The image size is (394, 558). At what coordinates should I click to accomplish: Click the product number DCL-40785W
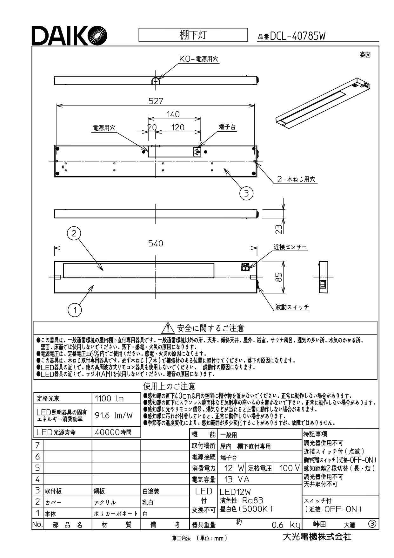[297, 37]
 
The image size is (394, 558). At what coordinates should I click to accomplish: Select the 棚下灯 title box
[193, 35]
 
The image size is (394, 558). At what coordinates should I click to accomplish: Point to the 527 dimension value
[156, 101]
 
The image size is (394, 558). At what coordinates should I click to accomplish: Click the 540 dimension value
[156, 243]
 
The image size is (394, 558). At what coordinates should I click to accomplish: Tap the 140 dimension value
[173, 114]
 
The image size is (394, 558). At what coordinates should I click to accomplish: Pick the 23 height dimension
[278, 229]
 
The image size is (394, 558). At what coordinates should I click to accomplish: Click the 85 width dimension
[278, 277]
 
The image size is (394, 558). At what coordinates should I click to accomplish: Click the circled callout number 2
[74, 234]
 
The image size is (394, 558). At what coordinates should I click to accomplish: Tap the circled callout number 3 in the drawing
[246, 193]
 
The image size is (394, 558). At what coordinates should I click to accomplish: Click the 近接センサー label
[290, 247]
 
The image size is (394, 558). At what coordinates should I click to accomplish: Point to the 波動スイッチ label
[292, 307]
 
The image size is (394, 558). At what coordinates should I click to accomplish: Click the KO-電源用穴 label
[199, 59]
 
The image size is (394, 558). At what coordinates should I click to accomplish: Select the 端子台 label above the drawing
[227, 127]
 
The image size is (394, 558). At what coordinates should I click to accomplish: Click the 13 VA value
[237, 479]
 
